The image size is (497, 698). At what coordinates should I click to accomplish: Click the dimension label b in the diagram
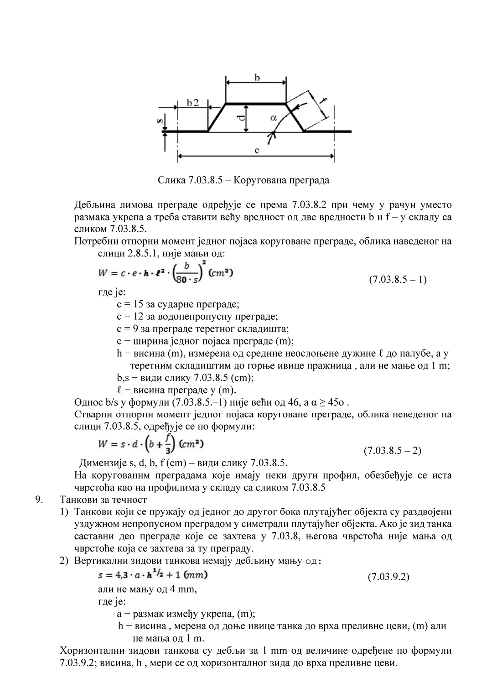[257, 78]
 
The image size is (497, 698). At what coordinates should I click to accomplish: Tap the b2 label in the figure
[193, 103]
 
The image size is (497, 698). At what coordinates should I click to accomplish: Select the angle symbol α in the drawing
[273, 118]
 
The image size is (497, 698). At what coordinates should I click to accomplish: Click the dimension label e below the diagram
[257, 150]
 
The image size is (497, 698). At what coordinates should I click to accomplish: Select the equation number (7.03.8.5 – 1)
[398, 279]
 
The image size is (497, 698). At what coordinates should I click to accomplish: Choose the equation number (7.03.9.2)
[388, 577]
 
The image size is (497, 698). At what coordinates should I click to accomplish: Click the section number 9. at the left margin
[40, 500]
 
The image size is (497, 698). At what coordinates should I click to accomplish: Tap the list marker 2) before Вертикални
[64, 561]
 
